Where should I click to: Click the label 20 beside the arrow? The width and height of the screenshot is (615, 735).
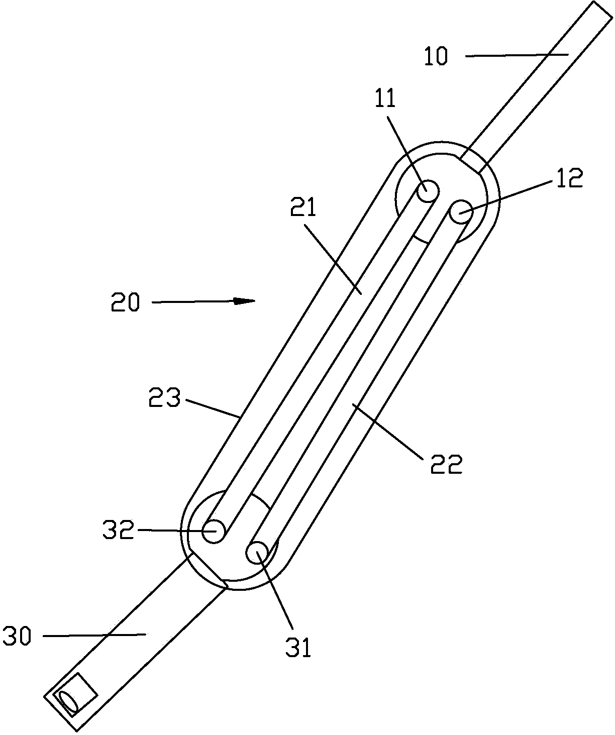(x=125, y=302)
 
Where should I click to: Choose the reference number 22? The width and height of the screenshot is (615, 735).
(x=446, y=464)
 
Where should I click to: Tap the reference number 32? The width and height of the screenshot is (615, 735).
(x=119, y=530)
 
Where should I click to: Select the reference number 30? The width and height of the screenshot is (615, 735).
(x=17, y=637)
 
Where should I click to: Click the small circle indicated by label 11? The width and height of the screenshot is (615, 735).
(x=429, y=191)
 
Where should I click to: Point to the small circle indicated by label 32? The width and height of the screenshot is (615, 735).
(x=214, y=531)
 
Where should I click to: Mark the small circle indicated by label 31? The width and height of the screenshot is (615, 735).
(x=257, y=553)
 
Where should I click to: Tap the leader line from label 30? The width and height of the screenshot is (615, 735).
(x=95, y=636)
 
